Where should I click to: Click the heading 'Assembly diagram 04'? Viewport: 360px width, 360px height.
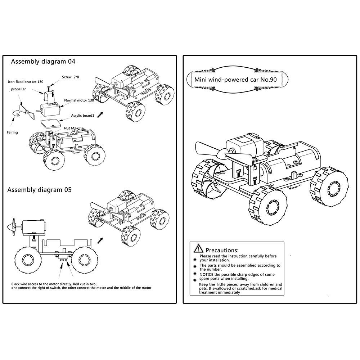point(43,62)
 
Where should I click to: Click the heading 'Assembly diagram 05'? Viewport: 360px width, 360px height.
point(39,190)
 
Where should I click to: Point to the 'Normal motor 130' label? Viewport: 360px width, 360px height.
point(79,100)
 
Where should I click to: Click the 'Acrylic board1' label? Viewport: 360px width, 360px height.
point(82,116)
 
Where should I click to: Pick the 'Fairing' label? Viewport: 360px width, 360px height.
point(12,132)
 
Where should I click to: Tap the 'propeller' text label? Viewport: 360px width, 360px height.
point(18,89)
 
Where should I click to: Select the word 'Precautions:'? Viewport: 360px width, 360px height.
point(222,250)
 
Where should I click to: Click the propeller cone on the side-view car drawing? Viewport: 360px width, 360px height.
point(10,228)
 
